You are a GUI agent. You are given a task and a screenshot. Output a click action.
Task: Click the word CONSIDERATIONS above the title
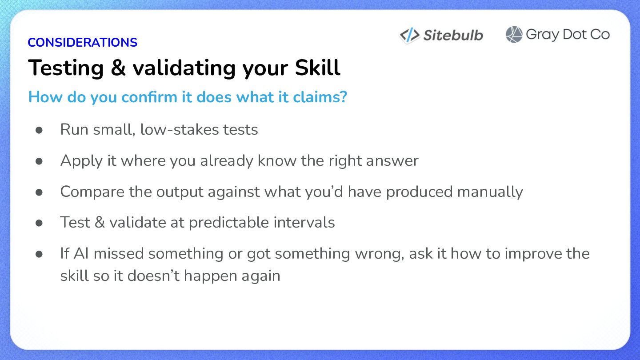(x=82, y=42)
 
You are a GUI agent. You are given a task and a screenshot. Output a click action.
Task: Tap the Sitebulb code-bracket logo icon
(x=409, y=36)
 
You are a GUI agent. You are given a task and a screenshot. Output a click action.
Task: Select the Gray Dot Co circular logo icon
(x=514, y=34)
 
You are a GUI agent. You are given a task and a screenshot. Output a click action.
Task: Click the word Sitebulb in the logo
(x=453, y=35)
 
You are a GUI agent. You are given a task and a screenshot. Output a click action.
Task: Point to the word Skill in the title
(x=317, y=68)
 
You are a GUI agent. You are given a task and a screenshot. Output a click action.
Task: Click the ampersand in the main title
(x=118, y=68)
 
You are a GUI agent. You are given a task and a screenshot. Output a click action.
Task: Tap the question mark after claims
(x=344, y=96)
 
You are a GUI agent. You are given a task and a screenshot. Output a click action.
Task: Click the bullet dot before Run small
(x=39, y=130)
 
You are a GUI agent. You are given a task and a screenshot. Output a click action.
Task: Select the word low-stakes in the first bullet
(x=180, y=129)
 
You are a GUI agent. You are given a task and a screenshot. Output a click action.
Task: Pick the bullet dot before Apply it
(x=39, y=161)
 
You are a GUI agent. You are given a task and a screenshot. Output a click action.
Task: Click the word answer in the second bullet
(x=392, y=160)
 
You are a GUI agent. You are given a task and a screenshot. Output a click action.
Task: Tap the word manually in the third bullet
(x=490, y=192)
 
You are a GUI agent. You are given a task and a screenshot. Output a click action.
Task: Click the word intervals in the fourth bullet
(x=304, y=222)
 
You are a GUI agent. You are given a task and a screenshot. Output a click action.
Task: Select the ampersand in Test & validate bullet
(x=100, y=222)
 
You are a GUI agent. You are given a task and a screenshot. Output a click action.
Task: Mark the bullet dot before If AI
(x=39, y=254)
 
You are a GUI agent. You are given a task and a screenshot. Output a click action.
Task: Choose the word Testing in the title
(x=66, y=68)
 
